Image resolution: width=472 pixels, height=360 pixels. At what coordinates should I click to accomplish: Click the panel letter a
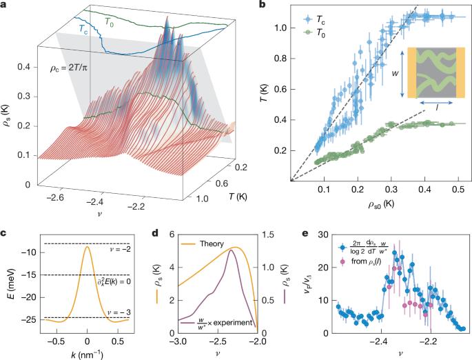4,5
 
